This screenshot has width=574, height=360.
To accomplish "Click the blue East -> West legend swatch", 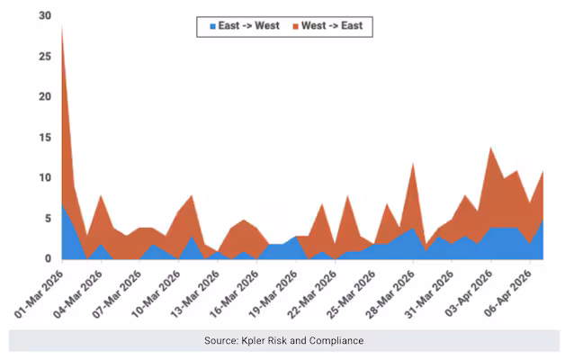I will point(213,26).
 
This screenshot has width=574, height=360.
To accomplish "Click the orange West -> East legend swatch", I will point(294,26).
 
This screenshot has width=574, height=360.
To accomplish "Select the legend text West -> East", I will point(332,26).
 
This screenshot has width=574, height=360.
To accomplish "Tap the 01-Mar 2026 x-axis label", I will point(38,290).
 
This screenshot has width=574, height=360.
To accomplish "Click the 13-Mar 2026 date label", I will point(194,290).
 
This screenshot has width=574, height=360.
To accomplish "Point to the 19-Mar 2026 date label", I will point(273,290).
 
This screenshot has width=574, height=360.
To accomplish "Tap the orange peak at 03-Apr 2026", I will point(490,148).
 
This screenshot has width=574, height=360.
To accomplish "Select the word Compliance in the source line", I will point(335,341).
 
